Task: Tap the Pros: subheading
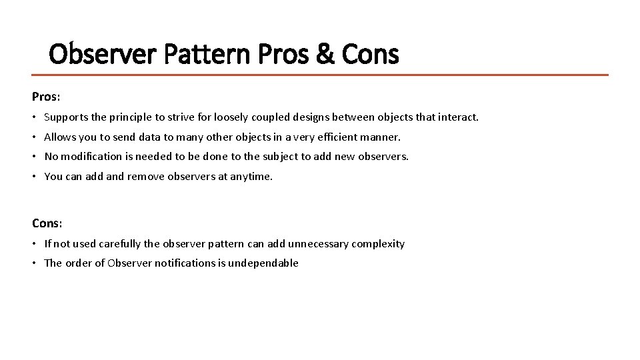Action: (46, 97)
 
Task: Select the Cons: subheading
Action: (47, 223)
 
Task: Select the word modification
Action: (93, 157)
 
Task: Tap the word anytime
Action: (251, 177)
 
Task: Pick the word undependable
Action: (263, 263)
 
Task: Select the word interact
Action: (459, 117)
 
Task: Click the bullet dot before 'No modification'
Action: (35, 157)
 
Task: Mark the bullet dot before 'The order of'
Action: (35, 263)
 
